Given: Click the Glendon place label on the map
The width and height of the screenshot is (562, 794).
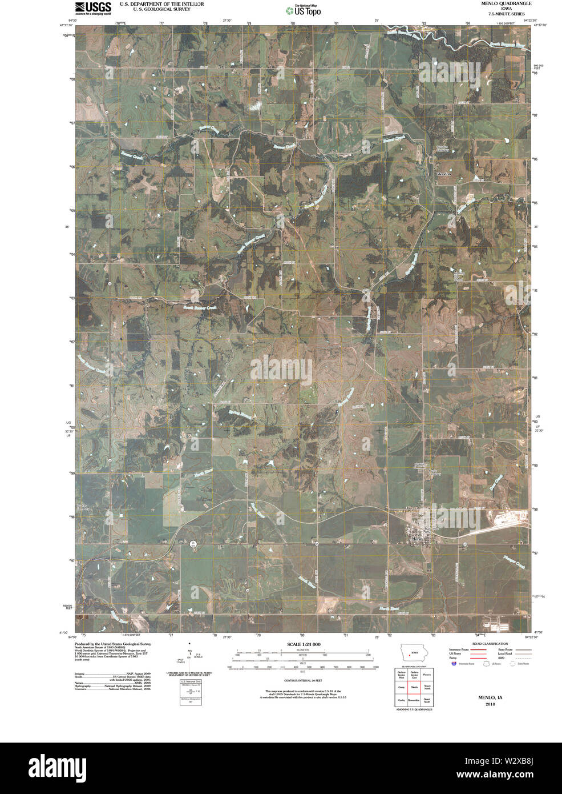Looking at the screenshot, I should click(443, 174).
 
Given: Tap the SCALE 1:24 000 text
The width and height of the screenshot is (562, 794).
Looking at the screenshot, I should click(304, 644).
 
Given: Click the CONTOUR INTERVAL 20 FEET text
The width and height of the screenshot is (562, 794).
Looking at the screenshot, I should click(304, 681).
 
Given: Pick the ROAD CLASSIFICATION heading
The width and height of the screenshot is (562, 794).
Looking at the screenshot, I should click(487, 644).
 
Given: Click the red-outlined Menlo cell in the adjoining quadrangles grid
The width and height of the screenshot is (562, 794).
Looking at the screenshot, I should click(414, 687).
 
